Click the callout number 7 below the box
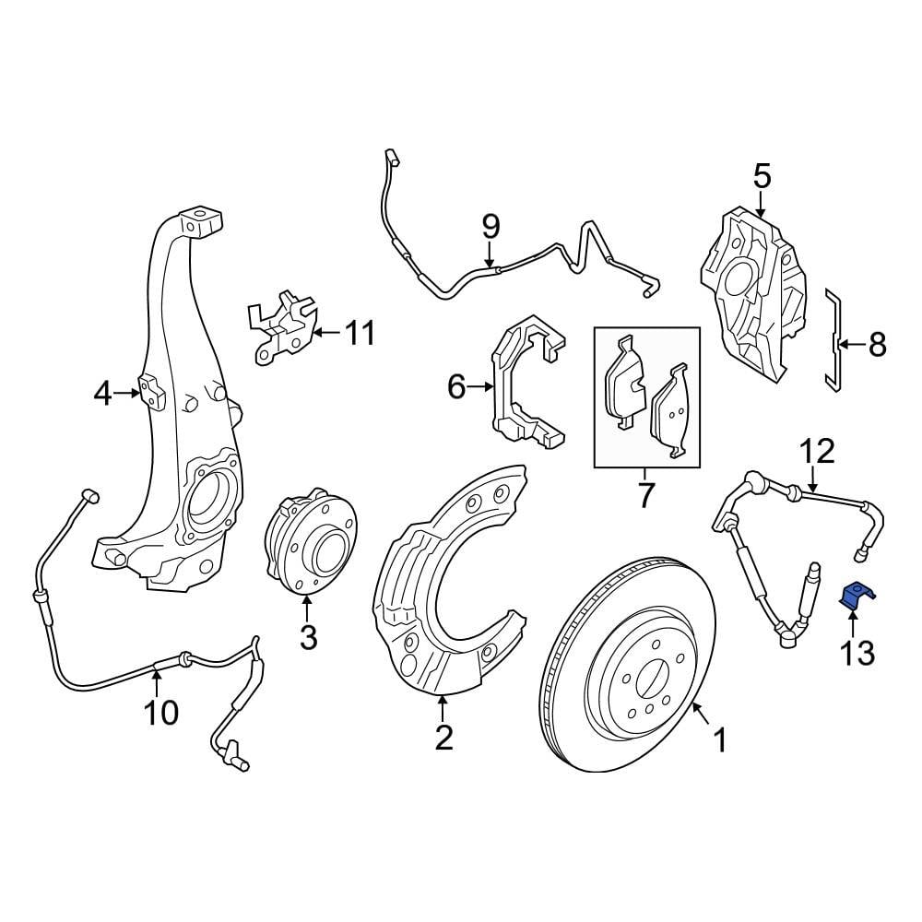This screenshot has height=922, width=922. (644, 495)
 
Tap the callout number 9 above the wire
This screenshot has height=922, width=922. (490, 225)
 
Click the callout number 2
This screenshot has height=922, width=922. (443, 738)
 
